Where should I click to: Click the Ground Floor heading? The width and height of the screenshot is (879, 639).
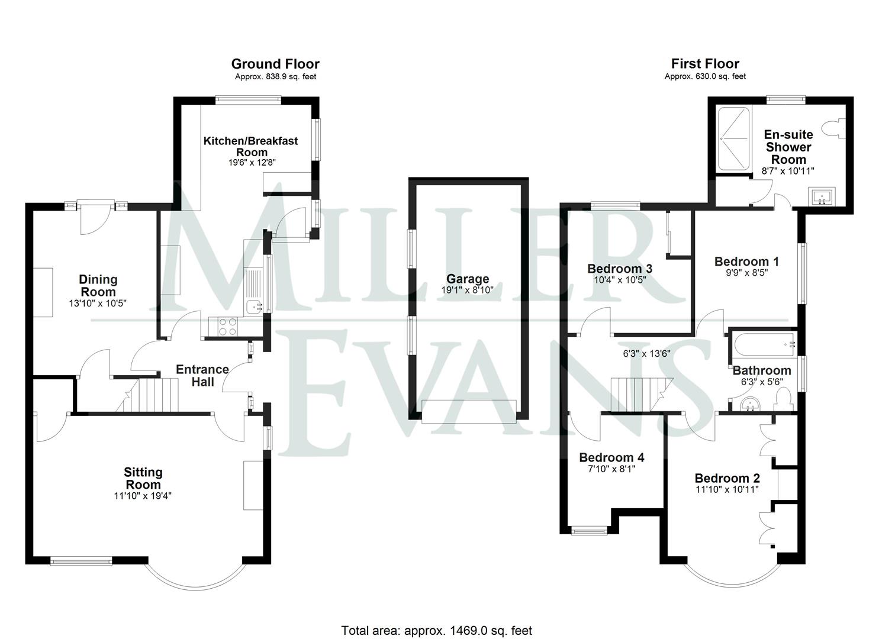pyautogui.click(x=275, y=64)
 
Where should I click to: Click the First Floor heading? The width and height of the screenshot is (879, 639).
pyautogui.click(x=705, y=64)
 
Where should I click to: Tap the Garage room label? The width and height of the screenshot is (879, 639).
pyautogui.click(x=468, y=279)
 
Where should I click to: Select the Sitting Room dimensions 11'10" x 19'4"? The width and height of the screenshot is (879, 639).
pyautogui.click(x=143, y=496)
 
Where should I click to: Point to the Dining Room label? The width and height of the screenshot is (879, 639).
pyautogui.click(x=98, y=285)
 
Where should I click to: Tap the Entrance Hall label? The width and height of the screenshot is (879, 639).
pyautogui.click(x=202, y=375)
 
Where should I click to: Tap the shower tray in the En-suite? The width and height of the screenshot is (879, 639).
pyautogui.click(x=733, y=140)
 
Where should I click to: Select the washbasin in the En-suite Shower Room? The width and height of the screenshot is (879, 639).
pyautogui.click(x=823, y=196)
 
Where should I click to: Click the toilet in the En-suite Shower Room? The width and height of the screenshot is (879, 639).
pyautogui.click(x=838, y=128)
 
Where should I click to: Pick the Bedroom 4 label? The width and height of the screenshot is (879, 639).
pyautogui.click(x=611, y=457)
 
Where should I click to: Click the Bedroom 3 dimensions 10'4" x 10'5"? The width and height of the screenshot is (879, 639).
pyautogui.click(x=620, y=280)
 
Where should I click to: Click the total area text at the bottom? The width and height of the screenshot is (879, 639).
pyautogui.click(x=436, y=630)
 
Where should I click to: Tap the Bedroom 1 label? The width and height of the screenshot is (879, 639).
pyautogui.click(x=746, y=262)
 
